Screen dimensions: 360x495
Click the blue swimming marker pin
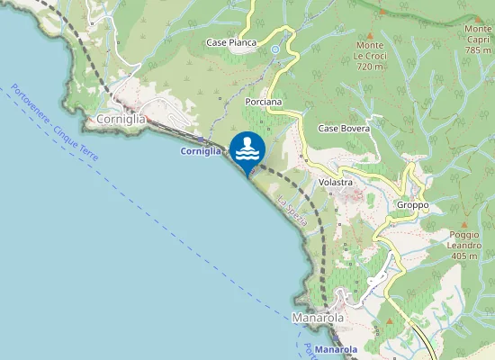[247, 148]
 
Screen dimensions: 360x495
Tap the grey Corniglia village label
[121, 118]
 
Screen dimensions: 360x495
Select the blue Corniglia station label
[201, 152]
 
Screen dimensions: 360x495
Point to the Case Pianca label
[231, 42]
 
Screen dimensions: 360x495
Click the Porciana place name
[264, 103]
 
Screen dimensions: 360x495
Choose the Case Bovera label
[344, 129]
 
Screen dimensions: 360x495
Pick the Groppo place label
[412, 205]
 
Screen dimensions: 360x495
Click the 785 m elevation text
[477, 50]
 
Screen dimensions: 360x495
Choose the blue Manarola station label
[337, 349]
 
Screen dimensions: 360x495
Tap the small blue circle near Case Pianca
[275, 49]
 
